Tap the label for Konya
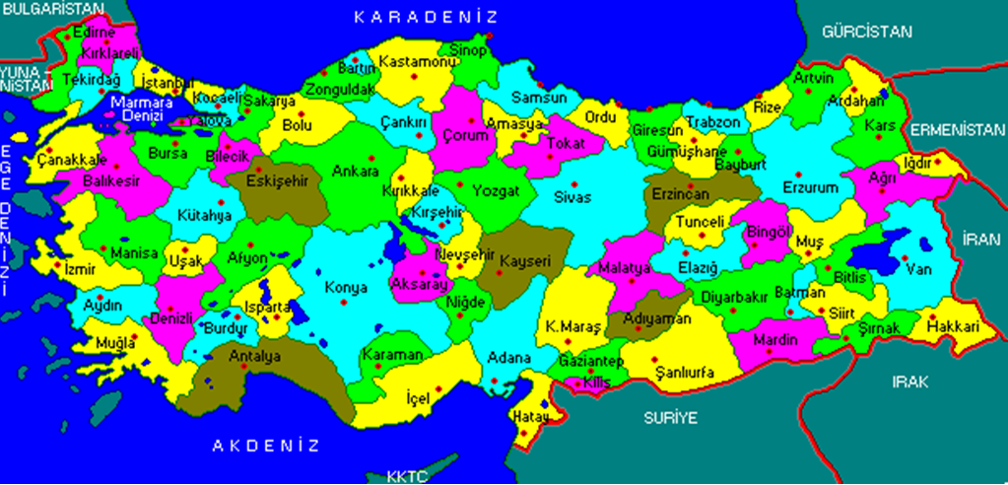[x=346, y=288]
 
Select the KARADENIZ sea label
[x=427, y=17]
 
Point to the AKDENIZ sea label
[x=267, y=446]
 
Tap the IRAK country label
[x=909, y=382]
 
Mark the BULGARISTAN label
[x=52, y=8]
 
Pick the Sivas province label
[x=572, y=197]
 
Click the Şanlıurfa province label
[x=680, y=372]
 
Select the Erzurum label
[x=810, y=187]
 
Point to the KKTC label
[x=406, y=477]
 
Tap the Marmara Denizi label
[x=141, y=107]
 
